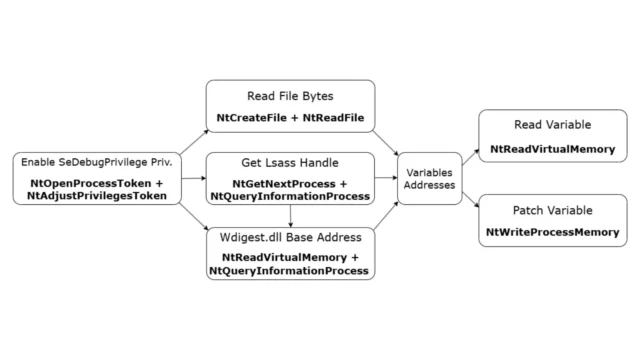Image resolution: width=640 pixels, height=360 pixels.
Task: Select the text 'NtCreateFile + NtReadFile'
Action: tap(290, 118)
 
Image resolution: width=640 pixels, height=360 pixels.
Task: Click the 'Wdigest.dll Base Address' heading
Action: tap(290, 237)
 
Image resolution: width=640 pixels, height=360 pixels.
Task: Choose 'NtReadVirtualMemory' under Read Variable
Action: tap(551, 150)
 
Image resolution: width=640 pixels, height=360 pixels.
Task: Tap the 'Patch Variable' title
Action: tap(551, 211)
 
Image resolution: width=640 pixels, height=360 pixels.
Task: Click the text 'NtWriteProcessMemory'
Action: tap(551, 232)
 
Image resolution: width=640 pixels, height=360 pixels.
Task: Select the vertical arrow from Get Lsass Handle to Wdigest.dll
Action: tap(290, 216)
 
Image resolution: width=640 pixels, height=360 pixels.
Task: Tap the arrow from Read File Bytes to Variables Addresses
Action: tap(388, 142)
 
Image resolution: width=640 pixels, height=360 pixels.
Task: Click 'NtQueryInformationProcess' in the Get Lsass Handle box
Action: tap(290, 198)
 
